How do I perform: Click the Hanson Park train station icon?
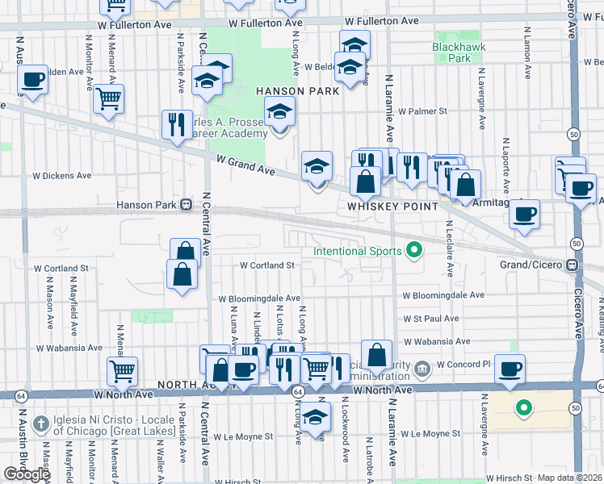[186, 205]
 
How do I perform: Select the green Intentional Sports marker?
[414, 251]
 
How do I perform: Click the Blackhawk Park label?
[451, 52]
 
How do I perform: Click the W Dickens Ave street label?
[59, 175]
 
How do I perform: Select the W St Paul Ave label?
[431, 319]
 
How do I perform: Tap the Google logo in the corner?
[27, 474]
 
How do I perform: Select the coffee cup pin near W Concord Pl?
[510, 369]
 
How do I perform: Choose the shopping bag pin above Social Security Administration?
[377, 354]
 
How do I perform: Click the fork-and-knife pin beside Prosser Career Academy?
[177, 124]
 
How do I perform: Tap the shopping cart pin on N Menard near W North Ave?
[122, 371]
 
